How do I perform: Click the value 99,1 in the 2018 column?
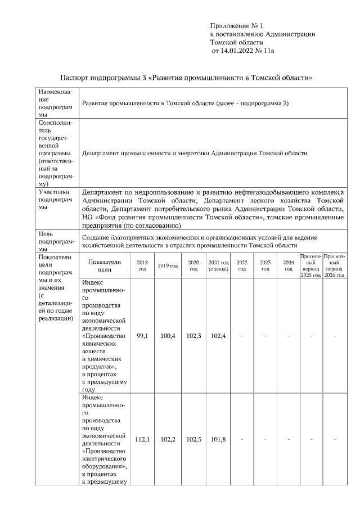tap(142, 336)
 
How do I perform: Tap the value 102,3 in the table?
tap(193, 336)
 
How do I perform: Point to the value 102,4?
tap(218, 336)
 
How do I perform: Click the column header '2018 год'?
tap(142, 265)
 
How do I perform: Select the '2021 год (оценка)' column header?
tap(218, 265)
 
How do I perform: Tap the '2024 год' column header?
tap(288, 265)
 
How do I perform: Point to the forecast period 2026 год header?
tap(334, 265)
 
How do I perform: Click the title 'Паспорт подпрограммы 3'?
tap(104, 78)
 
